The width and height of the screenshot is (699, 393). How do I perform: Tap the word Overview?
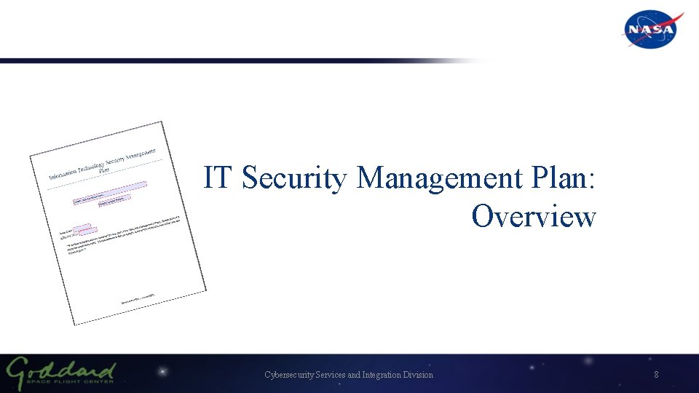[534, 216]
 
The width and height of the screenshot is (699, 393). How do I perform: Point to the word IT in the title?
[218, 178]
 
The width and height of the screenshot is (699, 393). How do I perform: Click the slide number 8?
[656, 375]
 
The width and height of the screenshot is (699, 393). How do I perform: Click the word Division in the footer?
[418, 375]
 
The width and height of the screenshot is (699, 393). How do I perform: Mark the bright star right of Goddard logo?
[162, 373]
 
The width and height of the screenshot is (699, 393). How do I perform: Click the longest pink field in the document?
[110, 191]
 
